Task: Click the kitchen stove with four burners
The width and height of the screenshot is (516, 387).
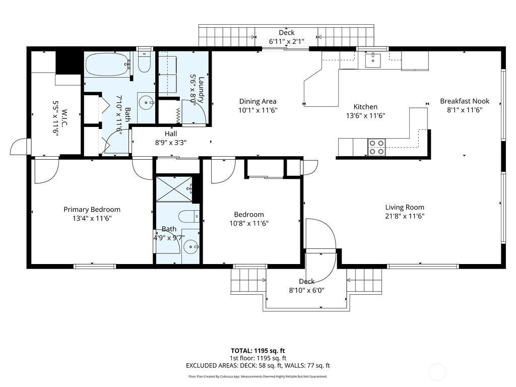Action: point(376,147)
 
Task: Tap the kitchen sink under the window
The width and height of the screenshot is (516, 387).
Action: point(373,60)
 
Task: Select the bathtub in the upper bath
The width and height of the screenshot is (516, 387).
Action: point(107,64)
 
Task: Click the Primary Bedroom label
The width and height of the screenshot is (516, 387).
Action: point(92,209)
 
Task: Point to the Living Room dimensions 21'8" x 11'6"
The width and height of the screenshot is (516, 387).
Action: point(405,216)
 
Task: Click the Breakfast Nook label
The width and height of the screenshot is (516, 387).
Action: point(465,101)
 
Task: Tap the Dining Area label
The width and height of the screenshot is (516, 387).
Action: point(257,101)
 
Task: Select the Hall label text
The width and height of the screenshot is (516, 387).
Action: point(171,134)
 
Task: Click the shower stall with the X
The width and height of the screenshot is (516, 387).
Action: point(174,189)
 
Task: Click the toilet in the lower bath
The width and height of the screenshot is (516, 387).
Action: point(189,216)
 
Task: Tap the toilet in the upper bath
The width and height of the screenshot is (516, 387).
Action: point(144,62)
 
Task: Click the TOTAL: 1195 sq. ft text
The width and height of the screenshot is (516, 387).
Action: point(257,351)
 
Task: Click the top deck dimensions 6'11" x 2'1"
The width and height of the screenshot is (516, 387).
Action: point(287,41)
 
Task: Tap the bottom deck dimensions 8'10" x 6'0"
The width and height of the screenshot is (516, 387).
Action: point(307,290)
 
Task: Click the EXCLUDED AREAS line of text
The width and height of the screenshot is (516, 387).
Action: point(257,365)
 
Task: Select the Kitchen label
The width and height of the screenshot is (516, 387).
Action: point(365,107)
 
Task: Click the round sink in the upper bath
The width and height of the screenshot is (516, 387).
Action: point(146,103)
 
